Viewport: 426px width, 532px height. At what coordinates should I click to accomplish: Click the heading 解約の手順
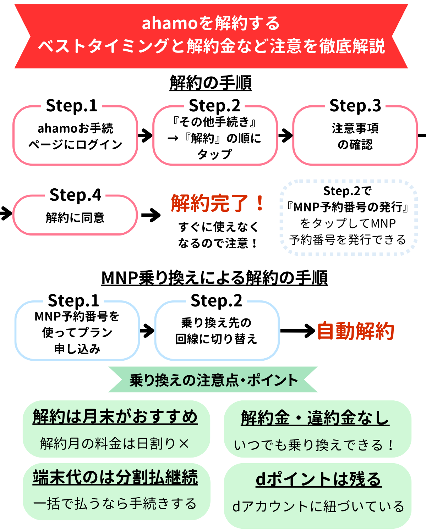211,83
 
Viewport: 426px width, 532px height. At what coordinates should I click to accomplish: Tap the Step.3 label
355,106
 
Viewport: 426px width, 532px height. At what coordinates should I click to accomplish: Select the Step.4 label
75,195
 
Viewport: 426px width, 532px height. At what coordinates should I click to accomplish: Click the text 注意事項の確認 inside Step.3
355,136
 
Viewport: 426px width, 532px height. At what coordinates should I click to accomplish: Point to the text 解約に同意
75,217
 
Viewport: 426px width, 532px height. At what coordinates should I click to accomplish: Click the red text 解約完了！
218,203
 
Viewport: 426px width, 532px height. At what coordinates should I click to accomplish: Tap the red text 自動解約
355,331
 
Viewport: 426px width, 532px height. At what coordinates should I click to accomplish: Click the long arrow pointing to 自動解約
297,331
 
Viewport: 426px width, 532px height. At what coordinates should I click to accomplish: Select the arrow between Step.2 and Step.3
285,135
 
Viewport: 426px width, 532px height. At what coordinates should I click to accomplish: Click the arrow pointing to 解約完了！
151,215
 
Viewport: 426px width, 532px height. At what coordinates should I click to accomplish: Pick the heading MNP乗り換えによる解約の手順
214,278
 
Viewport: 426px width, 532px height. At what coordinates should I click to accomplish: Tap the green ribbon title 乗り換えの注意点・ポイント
213,380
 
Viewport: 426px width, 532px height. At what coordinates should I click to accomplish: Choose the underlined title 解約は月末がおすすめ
115,416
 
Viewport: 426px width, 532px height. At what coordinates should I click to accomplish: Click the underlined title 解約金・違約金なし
315,418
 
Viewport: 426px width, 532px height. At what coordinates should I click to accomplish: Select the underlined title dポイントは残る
318,479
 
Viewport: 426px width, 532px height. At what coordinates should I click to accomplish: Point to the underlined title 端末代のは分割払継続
115,477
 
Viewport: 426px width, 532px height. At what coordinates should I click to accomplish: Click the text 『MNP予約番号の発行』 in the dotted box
348,207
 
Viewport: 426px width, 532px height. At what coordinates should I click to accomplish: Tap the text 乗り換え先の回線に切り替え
216,331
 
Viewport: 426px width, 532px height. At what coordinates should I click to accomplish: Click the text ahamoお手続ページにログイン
75,136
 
